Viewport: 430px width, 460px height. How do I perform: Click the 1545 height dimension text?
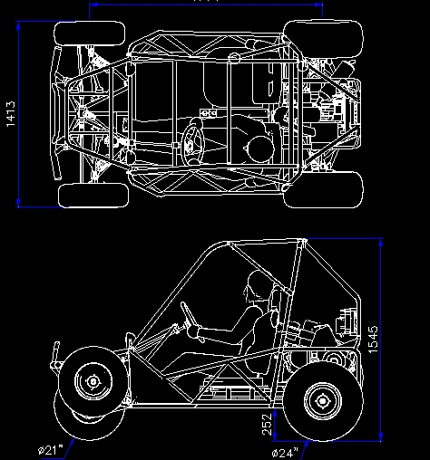(371, 340)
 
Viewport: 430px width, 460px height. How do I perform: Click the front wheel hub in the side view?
(91, 381)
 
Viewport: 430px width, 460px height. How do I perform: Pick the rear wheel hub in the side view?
(321, 399)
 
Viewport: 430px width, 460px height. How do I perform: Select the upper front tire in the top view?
(90, 34)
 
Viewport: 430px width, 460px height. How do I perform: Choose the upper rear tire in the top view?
(324, 37)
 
